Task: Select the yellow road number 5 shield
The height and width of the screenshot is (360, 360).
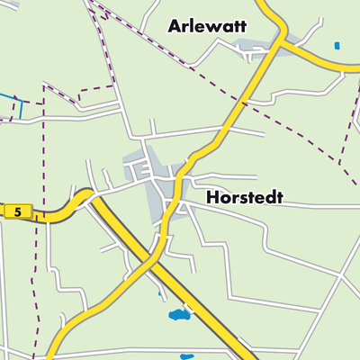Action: coord(17,212)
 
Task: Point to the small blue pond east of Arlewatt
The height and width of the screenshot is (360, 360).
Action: coord(337,45)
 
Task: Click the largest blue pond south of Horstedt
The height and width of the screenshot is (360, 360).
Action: coord(180,315)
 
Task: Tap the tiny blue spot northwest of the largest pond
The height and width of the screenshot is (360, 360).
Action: coord(160,292)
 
